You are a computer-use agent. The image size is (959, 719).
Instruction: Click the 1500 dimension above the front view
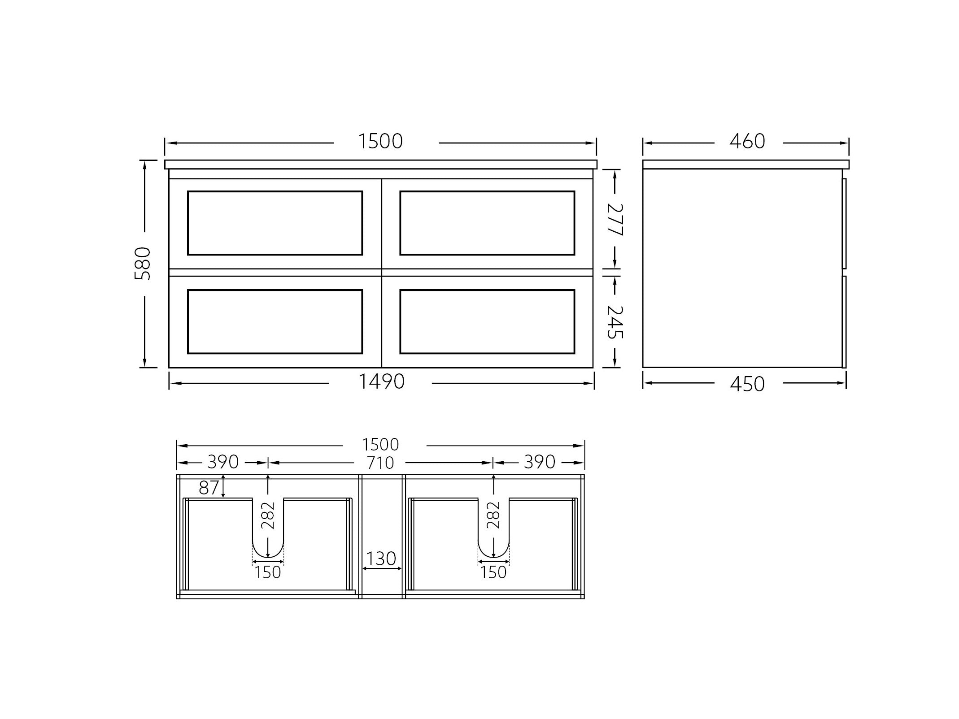pyautogui.click(x=380, y=142)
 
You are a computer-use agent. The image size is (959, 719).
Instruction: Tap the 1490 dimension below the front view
pyautogui.click(x=381, y=382)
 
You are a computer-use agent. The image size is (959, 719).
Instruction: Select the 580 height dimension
pyautogui.click(x=143, y=264)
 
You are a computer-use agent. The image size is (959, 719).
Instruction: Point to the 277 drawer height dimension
pyautogui.click(x=615, y=220)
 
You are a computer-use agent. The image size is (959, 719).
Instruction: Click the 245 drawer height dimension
pyautogui.click(x=615, y=322)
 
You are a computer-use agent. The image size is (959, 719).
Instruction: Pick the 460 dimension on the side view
pyautogui.click(x=747, y=142)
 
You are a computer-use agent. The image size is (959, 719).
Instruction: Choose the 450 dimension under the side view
pyautogui.click(x=747, y=384)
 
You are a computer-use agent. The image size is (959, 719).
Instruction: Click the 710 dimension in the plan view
pyautogui.click(x=380, y=463)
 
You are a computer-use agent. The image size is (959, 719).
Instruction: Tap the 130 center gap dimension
pyautogui.click(x=381, y=559)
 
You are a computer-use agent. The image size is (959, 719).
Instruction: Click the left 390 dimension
pyautogui.click(x=222, y=462)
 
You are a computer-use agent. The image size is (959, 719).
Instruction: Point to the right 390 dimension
pyautogui.click(x=540, y=462)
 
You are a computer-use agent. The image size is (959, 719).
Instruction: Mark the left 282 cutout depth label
pyautogui.click(x=268, y=515)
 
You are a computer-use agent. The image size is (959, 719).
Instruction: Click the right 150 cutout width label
pyautogui.click(x=493, y=572)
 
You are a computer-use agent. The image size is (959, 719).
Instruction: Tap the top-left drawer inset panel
pyautogui.click(x=275, y=223)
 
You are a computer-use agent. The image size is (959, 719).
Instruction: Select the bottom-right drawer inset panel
pyautogui.click(x=487, y=321)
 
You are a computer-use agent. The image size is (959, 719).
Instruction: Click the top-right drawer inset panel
pyautogui.click(x=487, y=223)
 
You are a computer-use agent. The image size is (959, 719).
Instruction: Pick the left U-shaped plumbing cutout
pyautogui.click(x=268, y=538)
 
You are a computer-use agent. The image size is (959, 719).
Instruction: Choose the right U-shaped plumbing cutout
pyautogui.click(x=493, y=538)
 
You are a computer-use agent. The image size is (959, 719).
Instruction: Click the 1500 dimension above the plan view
pyautogui.click(x=380, y=445)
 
